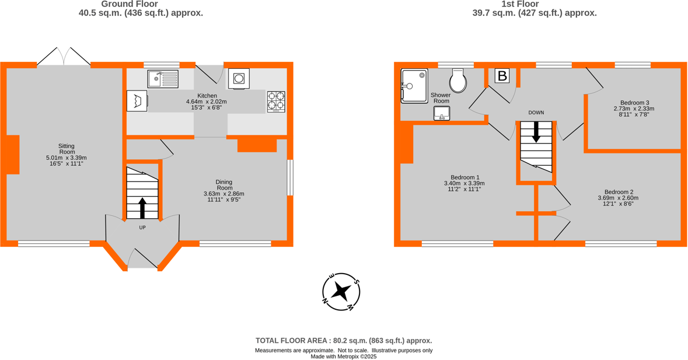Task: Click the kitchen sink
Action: [x=162, y=79]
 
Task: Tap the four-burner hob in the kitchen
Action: [x=276, y=102]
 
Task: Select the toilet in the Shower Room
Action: [x=459, y=82]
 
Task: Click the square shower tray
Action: [x=414, y=86]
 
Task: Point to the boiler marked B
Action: [x=502, y=76]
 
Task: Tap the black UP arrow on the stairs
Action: [x=142, y=208]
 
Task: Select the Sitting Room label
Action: [x=66, y=149]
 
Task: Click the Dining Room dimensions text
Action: [x=224, y=197]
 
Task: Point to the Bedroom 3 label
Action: [x=634, y=102]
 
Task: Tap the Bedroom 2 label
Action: [x=619, y=192]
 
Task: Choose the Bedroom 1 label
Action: [x=465, y=177]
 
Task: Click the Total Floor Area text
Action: [x=344, y=341]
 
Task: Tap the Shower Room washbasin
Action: [x=442, y=113]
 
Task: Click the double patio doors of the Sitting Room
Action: [x=64, y=57]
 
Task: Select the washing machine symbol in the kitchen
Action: [x=239, y=78]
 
